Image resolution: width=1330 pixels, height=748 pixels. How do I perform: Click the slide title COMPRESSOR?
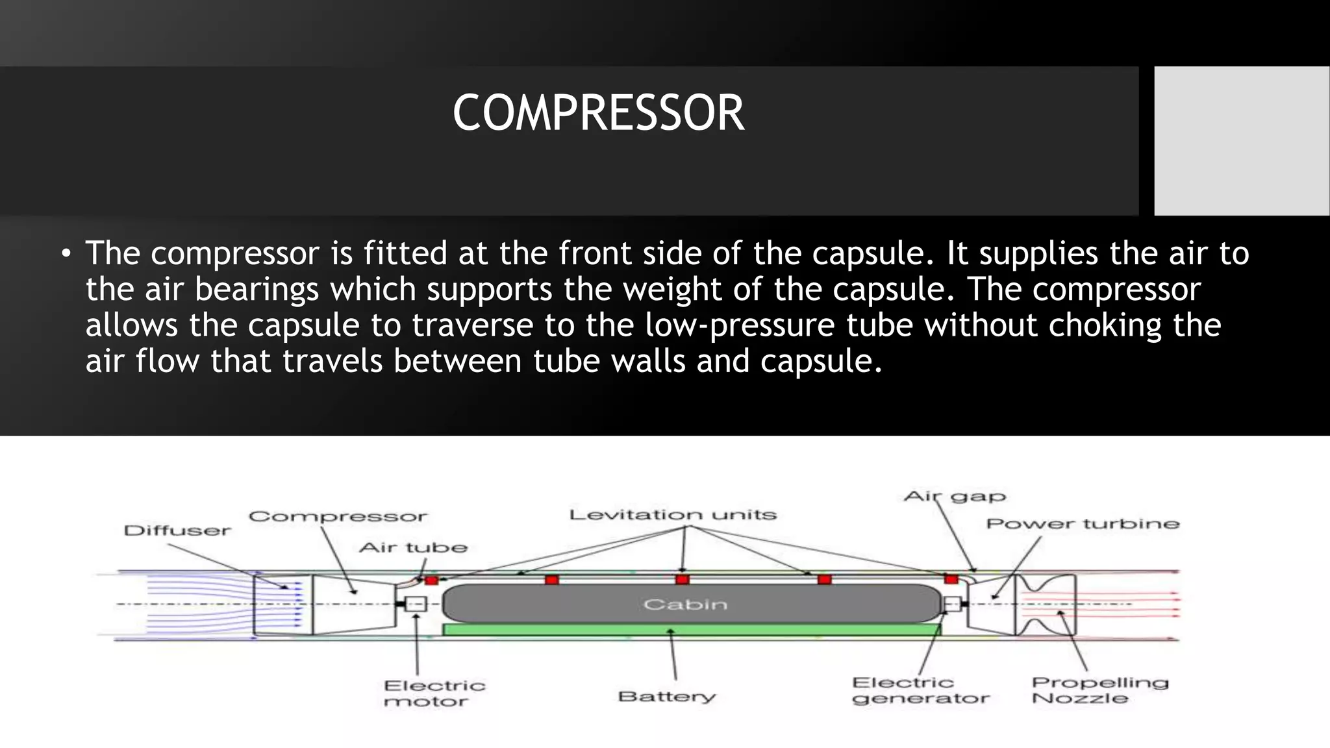pyautogui.click(x=598, y=113)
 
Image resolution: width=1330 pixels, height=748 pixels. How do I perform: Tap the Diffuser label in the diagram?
pyautogui.click(x=177, y=530)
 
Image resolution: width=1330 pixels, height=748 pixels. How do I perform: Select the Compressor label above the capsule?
pyautogui.click(x=338, y=517)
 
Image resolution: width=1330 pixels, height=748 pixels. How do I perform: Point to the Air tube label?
pyautogui.click(x=413, y=547)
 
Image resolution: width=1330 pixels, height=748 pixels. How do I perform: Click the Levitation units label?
pyautogui.click(x=673, y=515)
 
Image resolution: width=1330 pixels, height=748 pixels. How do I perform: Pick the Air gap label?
pyautogui.click(x=955, y=497)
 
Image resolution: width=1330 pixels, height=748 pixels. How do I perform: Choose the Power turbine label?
pyautogui.click(x=1083, y=523)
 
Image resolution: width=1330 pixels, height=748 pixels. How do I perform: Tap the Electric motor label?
pyautogui.click(x=434, y=693)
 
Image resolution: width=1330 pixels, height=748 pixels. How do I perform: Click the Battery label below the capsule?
pyautogui.click(x=667, y=697)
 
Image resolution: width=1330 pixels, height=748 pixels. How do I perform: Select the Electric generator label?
pyautogui.click(x=920, y=690)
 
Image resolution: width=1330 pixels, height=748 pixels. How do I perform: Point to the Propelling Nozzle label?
pyautogui.click(x=1099, y=690)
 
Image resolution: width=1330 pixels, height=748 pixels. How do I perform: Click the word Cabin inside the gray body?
pyautogui.click(x=685, y=605)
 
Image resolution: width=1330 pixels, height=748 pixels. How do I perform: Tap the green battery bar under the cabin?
pyautogui.click(x=691, y=629)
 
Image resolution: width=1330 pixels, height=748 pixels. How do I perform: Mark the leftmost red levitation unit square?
pyautogui.click(x=431, y=580)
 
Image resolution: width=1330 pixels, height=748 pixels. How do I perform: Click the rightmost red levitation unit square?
pyautogui.click(x=951, y=579)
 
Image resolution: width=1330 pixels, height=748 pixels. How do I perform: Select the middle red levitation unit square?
pyautogui.click(x=682, y=579)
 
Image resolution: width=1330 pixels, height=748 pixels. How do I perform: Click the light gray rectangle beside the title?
pyautogui.click(x=1242, y=140)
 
